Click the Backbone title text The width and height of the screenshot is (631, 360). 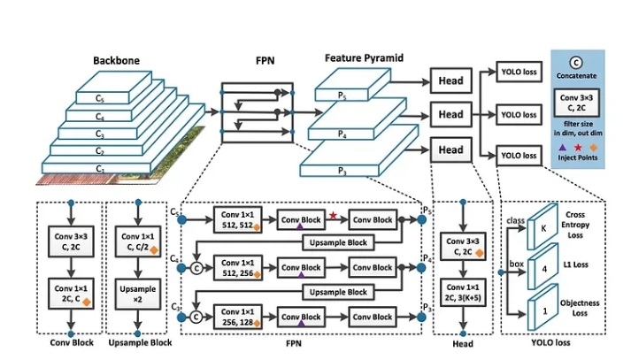point(117,61)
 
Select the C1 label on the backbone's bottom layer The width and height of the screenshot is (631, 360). point(99,167)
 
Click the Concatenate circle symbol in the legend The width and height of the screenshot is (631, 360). point(575,62)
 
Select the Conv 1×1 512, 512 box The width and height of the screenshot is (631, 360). point(238,218)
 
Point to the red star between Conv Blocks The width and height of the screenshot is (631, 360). point(333,215)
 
